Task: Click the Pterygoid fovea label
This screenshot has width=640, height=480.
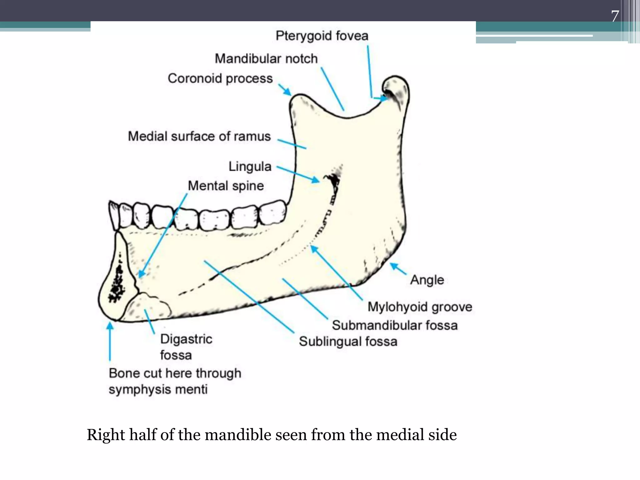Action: tap(322, 36)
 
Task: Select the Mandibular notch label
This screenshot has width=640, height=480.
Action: tap(266, 59)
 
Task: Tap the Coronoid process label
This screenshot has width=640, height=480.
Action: tap(220, 78)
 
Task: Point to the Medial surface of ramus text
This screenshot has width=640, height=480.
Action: tap(199, 137)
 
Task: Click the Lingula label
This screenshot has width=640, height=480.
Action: tap(250, 166)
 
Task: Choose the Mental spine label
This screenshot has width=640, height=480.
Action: tap(226, 186)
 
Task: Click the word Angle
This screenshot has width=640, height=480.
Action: tap(427, 280)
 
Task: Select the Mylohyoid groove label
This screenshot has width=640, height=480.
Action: tap(419, 307)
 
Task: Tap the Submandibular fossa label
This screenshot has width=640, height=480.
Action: tap(395, 325)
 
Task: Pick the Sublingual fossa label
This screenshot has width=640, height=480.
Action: tap(348, 342)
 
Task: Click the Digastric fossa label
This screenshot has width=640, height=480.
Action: tap(186, 347)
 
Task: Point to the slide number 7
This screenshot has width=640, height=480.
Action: tap(615, 16)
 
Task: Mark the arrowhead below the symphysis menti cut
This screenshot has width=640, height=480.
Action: tap(110, 326)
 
